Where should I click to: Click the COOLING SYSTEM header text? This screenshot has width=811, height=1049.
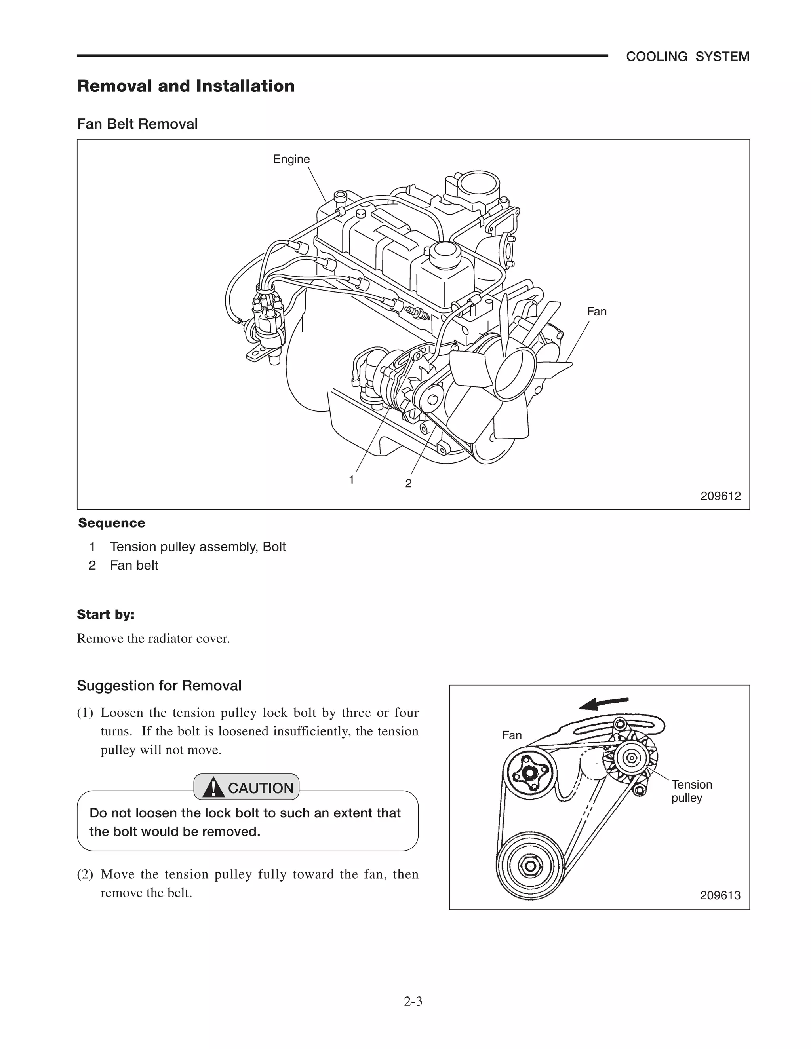pos(687,57)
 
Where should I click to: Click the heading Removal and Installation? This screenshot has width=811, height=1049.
pos(185,86)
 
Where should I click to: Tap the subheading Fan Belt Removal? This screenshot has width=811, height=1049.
pos(137,124)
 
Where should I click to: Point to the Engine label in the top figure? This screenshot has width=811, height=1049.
pos(291,159)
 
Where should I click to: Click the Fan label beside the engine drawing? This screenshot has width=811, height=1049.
pos(596,311)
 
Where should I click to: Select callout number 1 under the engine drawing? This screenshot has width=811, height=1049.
pos(351,479)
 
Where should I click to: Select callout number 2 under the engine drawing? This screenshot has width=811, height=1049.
pos(408,483)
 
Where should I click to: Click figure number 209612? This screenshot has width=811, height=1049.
pos(720,496)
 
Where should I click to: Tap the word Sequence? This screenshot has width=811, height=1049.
pos(111,523)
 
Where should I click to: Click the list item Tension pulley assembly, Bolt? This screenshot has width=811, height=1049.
pos(198,547)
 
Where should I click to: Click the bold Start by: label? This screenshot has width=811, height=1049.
pos(106,614)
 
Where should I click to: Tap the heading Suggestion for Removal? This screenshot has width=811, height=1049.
pos(159,685)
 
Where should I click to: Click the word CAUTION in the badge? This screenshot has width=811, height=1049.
pos(261,788)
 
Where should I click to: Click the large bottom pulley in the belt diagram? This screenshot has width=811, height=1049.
pos(530,866)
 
